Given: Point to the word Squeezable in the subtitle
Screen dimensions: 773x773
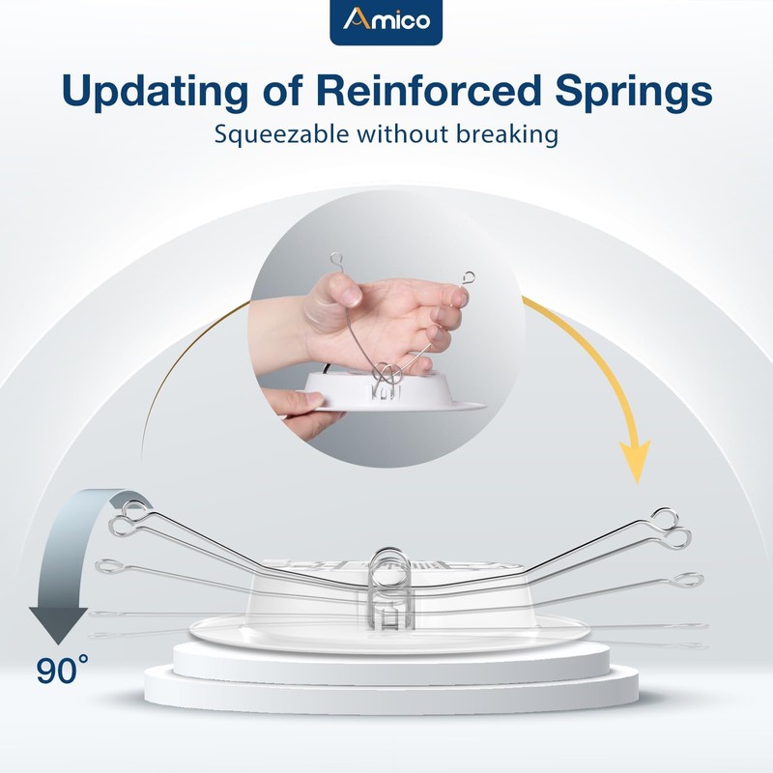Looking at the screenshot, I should click(x=284, y=134).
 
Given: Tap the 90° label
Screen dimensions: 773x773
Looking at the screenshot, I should click(x=64, y=669).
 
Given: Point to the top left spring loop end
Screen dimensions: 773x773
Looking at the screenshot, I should click(x=126, y=522).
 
